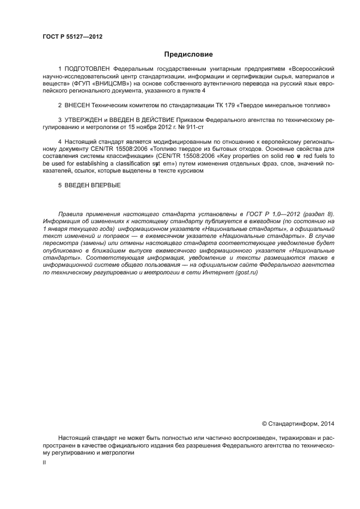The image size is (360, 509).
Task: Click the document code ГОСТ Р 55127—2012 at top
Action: (x=72, y=37)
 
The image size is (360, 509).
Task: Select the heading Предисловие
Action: (x=188, y=54)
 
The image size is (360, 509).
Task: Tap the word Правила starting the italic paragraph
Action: (x=70, y=214)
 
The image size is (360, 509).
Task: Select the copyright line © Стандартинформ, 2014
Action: (x=298, y=423)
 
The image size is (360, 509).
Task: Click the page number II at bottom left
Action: (x=44, y=462)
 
